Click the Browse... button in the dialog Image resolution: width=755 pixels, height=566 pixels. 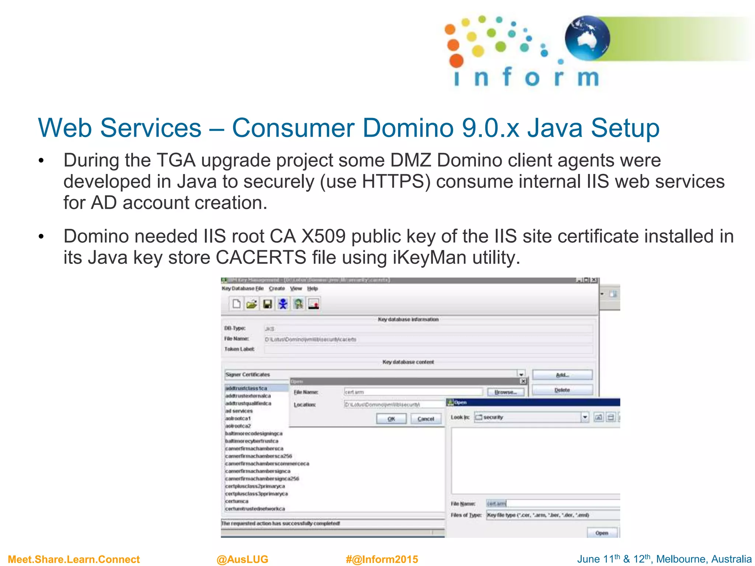pos(505,392)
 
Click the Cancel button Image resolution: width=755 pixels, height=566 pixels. pos(426,419)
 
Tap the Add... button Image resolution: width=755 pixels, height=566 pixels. pos(562,375)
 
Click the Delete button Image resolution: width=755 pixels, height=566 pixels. pos(562,390)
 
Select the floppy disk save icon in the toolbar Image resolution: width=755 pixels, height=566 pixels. pos(267,304)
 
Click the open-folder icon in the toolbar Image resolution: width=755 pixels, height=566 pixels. pos(252,304)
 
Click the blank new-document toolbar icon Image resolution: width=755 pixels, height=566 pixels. pos(236,304)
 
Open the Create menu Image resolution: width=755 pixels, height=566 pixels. pos(277,289)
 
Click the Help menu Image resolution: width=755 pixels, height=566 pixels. pos(312,289)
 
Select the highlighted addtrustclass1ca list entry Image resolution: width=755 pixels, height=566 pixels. pos(246,388)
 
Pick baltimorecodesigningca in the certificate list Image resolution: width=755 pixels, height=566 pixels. pos(254,434)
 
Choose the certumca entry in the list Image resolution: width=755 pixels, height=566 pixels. pos(237,502)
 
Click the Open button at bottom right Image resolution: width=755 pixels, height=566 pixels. pos(602,533)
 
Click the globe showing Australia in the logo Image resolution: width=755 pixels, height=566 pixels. pos(587,38)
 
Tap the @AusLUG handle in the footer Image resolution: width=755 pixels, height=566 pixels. pos(242,559)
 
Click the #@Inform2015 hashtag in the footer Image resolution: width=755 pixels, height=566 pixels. pos(382,559)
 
